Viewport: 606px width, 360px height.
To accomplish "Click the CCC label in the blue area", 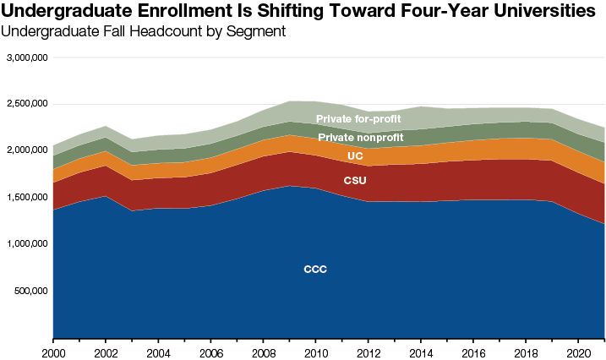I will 315,270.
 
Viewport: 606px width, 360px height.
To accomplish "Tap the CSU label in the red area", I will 355,181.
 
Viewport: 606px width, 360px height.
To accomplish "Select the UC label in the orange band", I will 355,156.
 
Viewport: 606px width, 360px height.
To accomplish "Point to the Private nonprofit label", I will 360,137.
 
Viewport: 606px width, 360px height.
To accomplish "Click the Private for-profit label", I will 358,119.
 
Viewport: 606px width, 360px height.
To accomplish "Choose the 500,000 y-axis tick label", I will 31,291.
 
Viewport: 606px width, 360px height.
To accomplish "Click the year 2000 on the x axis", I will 53,351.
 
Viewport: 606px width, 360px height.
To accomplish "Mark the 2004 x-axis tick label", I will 158,351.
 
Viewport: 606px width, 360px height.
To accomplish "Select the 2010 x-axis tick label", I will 316,351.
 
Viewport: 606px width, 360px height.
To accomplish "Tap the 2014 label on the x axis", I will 421,351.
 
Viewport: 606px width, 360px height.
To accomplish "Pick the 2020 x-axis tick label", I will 579,351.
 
